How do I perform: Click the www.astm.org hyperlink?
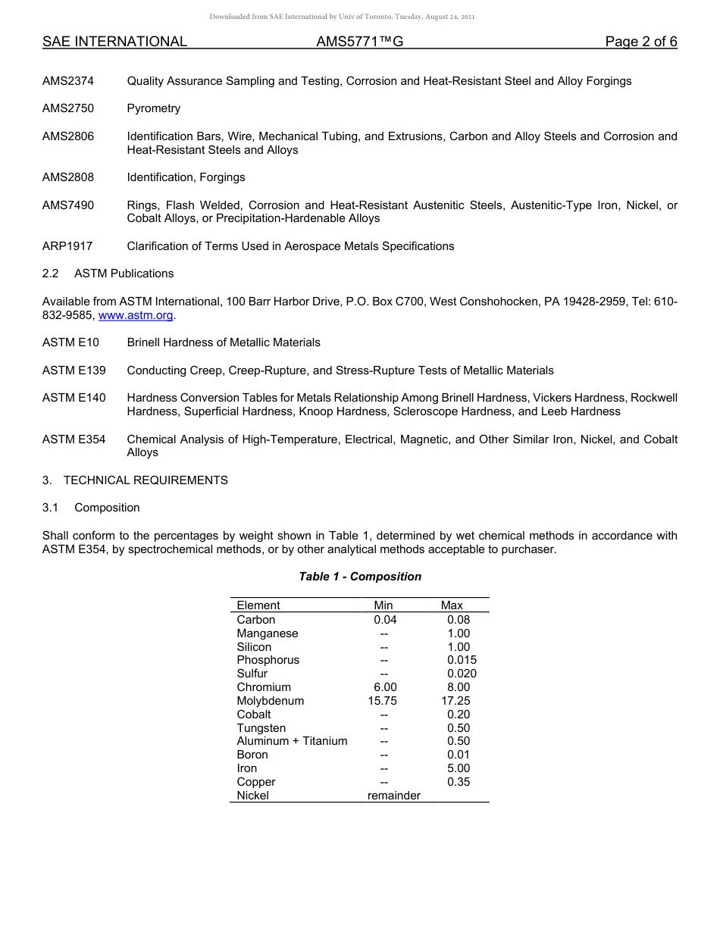tap(136, 315)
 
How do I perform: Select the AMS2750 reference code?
tap(68, 108)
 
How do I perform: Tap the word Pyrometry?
tap(154, 108)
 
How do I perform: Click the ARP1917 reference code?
tap(67, 246)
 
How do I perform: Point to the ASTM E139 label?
tap(74, 371)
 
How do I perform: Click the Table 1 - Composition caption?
tap(360, 577)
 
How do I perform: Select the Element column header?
tap(258, 605)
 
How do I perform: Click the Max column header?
tap(452, 605)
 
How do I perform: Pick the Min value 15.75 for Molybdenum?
tap(382, 701)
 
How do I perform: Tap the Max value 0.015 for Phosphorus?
tap(462, 660)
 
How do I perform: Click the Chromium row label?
tap(264, 687)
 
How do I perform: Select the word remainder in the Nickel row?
tap(394, 796)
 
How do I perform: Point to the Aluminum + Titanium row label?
tap(292, 741)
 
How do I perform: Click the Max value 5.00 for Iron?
tap(459, 768)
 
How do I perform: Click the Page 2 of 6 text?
tap(641, 42)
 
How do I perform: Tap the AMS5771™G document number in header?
tap(359, 42)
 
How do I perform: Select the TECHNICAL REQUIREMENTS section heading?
tap(146, 480)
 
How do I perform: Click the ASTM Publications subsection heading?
tap(124, 274)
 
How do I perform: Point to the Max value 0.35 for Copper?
tap(459, 782)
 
